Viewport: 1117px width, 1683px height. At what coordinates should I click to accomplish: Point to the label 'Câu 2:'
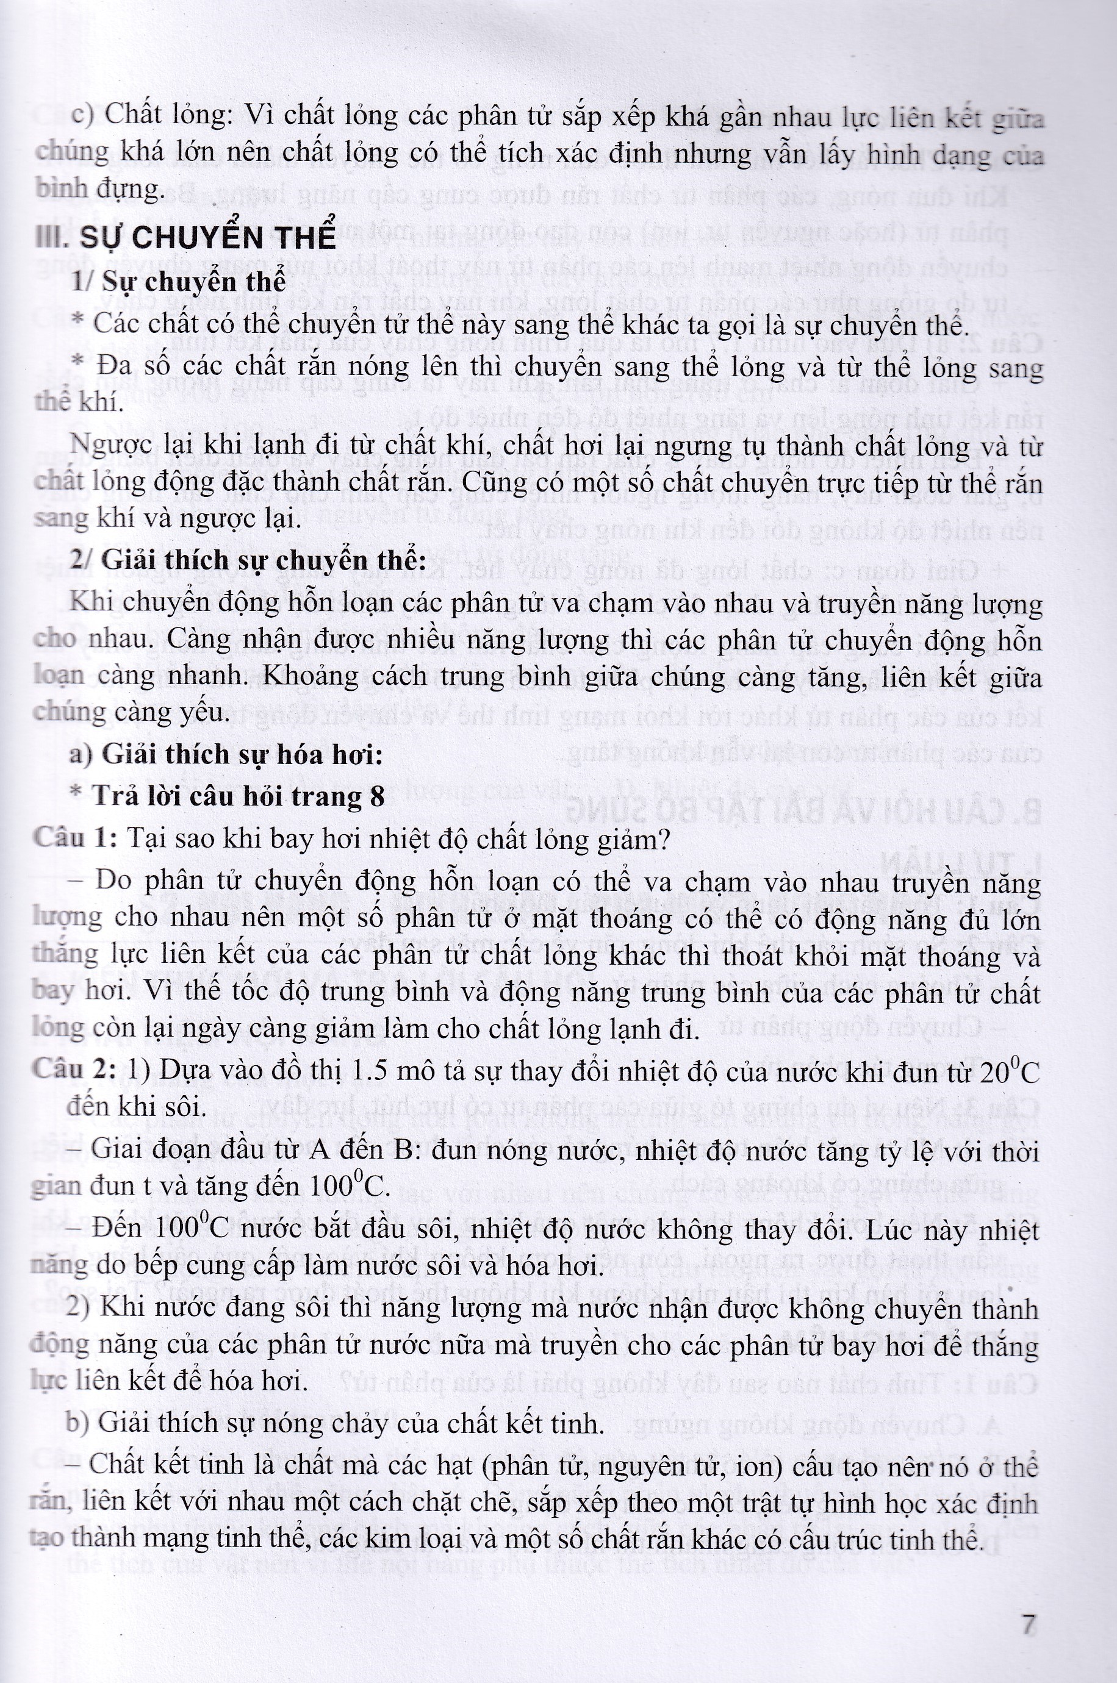pos(74,1071)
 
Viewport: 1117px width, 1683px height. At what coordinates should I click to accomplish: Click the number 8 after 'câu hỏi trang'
pos(376,796)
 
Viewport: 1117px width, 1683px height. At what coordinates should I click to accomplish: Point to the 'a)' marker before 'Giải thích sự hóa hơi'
pos(81,755)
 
